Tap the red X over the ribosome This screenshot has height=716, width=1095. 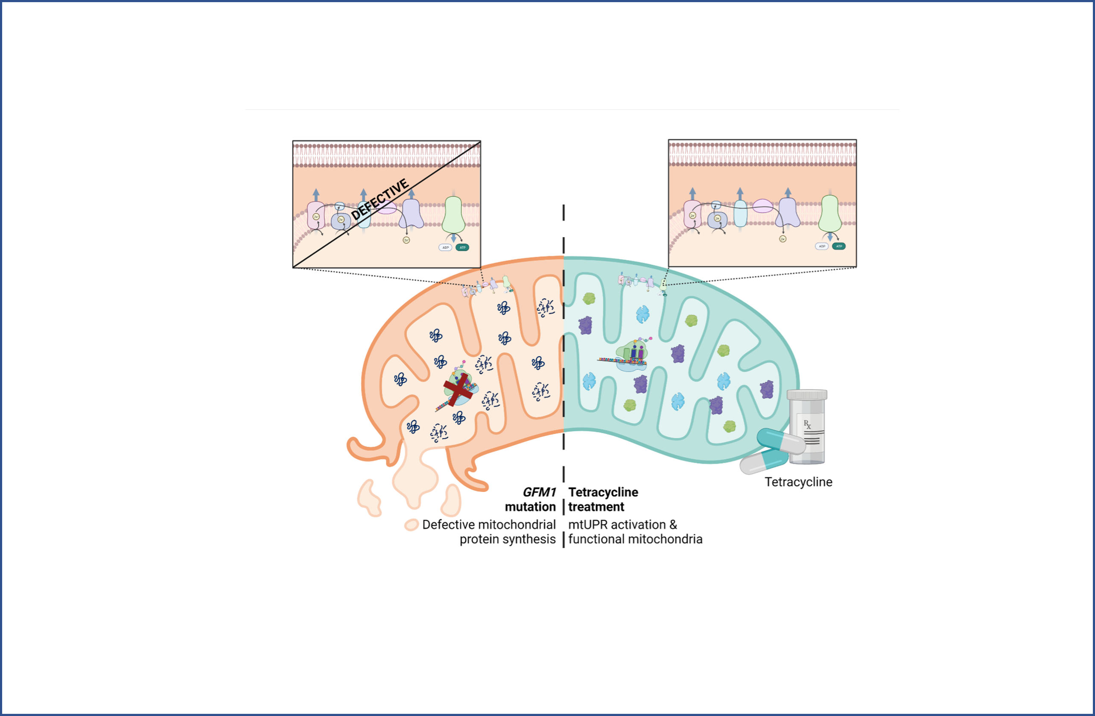tap(458, 390)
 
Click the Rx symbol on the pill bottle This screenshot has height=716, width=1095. tap(807, 424)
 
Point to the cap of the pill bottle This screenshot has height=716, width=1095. tap(807, 395)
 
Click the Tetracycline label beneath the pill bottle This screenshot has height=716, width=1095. tap(798, 482)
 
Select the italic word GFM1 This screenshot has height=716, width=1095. tap(539, 492)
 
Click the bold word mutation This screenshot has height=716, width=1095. tap(530, 507)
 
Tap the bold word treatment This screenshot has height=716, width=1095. tap(596, 507)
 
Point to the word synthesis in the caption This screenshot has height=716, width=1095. tap(529, 539)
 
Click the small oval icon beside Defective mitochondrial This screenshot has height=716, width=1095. tap(411, 525)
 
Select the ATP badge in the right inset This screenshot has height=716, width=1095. tap(839, 246)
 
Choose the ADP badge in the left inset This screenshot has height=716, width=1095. tap(445, 248)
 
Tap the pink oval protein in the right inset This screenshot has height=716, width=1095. tap(762, 206)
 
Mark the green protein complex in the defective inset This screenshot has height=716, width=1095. tap(453, 214)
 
